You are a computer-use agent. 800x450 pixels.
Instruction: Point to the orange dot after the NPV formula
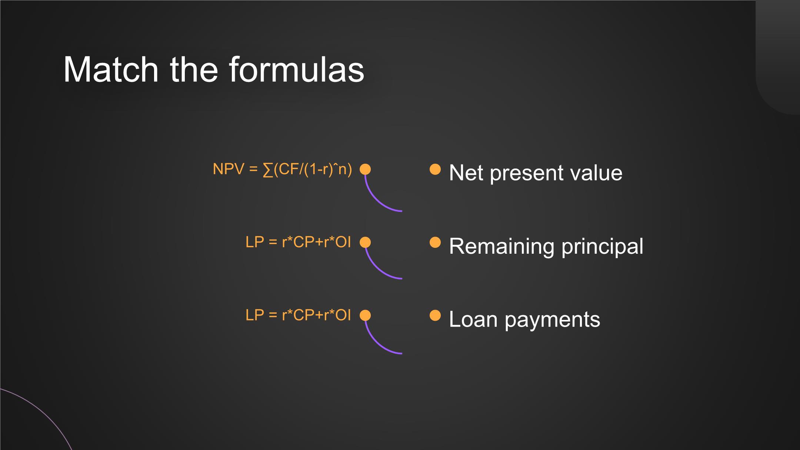[x=365, y=169]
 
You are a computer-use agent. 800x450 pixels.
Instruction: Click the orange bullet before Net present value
[x=435, y=169]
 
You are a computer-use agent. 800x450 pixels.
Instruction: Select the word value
[x=597, y=173]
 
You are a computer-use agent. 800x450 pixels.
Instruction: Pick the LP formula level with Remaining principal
[x=298, y=242]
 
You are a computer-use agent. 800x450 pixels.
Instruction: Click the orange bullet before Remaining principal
[x=435, y=242]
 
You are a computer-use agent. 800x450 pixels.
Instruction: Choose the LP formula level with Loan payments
[x=298, y=315]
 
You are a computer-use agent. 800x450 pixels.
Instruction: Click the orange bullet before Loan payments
[x=435, y=315]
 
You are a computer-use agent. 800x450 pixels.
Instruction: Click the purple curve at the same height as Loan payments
[x=374, y=344]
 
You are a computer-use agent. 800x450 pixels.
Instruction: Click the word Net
[x=466, y=173]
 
